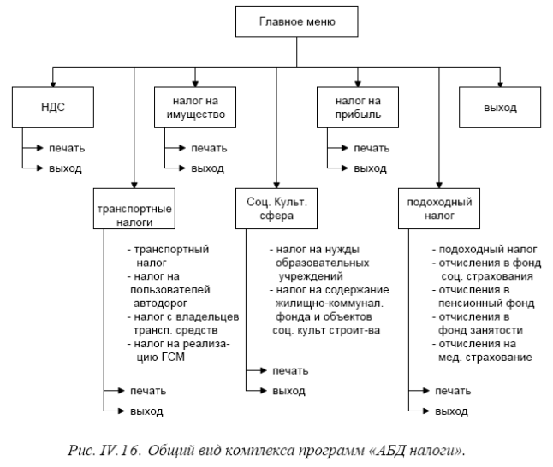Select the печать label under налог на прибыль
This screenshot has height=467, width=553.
click(x=371, y=148)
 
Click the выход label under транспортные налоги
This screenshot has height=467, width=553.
click(x=146, y=411)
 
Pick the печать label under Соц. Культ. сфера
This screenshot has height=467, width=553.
click(x=290, y=370)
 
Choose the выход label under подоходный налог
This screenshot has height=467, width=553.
click(x=451, y=411)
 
